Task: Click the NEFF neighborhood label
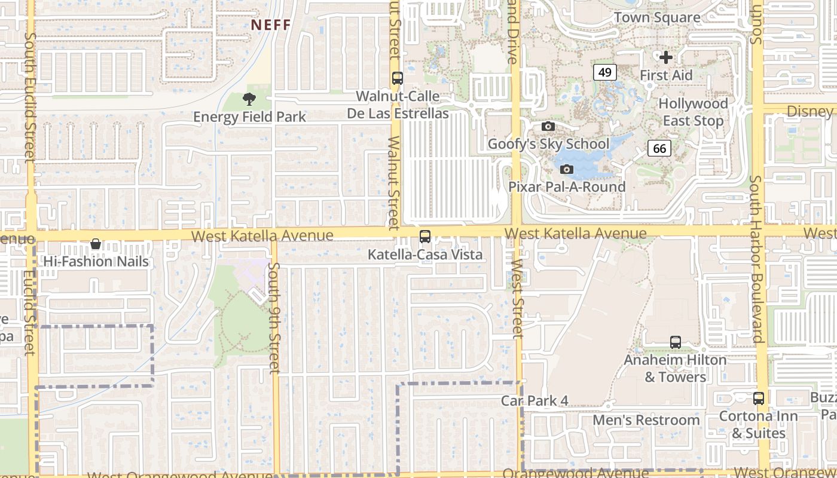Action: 270,25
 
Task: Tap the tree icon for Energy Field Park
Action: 249,99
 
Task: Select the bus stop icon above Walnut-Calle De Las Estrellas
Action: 397,78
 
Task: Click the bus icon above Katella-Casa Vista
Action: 425,237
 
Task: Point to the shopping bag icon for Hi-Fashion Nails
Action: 96,244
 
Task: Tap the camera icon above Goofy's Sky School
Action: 548,126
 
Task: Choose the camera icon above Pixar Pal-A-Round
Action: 567,170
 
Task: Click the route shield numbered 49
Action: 605,72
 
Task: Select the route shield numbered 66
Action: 659,148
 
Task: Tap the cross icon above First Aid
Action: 666,57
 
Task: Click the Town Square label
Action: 657,17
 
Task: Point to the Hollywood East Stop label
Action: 693,112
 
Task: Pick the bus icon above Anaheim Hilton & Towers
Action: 676,342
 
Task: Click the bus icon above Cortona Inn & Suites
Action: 759,398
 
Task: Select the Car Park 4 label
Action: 534,401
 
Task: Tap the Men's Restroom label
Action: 646,420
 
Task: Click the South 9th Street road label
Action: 274,318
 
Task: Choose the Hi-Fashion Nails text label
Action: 96,262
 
